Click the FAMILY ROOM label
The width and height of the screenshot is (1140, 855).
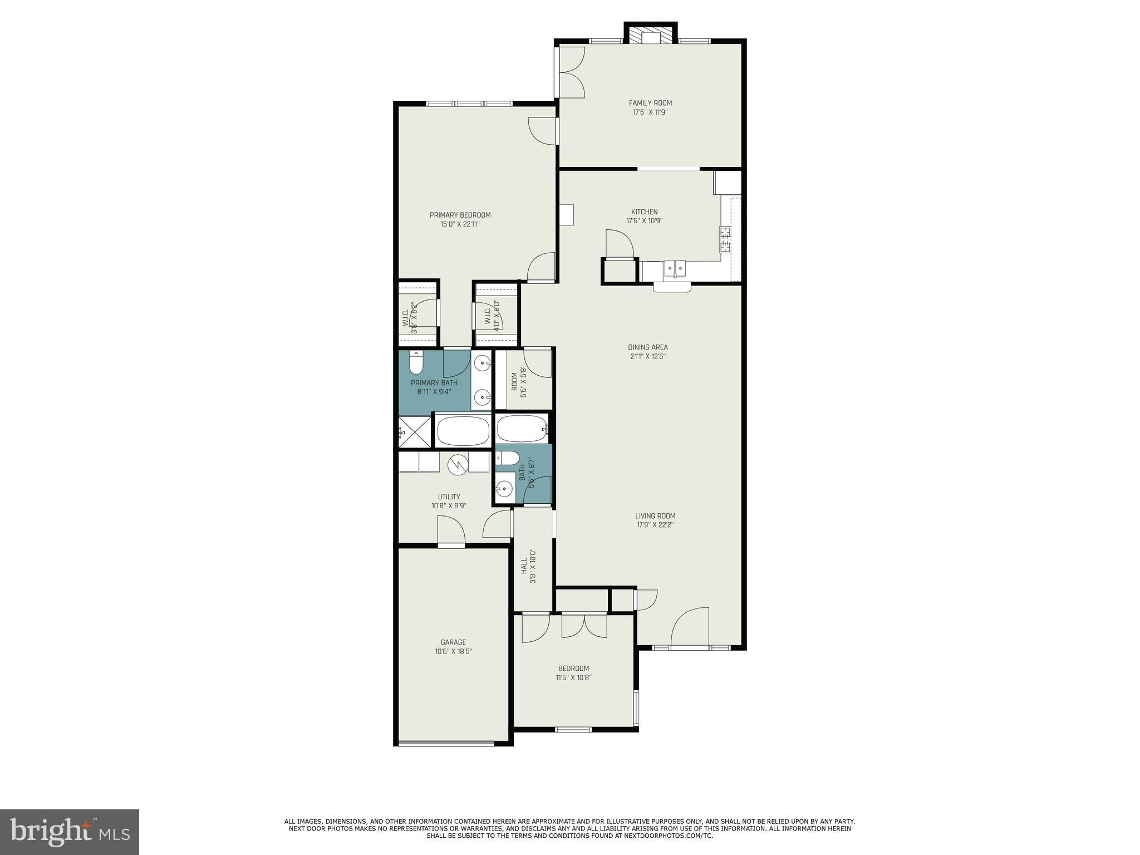coord(650,103)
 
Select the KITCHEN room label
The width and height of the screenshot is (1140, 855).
coord(644,212)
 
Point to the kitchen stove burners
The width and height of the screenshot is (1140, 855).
coord(725,239)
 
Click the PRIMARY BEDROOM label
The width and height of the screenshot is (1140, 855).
coord(460,215)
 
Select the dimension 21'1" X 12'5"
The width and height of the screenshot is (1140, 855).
coord(648,356)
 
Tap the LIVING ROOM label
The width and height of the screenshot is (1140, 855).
coord(655,516)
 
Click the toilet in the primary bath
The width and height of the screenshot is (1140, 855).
coord(416,363)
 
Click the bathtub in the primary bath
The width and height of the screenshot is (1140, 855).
coord(463,431)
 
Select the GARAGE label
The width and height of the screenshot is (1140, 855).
coord(453,642)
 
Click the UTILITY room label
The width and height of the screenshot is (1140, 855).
coord(449,497)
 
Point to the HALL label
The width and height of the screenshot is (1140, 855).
coord(524,568)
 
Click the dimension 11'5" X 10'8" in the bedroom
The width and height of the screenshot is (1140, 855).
coord(573,678)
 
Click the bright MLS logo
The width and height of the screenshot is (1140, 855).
coord(70,832)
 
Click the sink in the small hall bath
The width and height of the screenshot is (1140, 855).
coord(504,489)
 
